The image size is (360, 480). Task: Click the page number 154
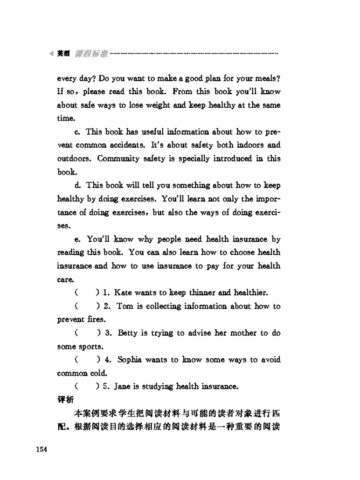(42, 449)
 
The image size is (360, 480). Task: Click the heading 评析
(65, 400)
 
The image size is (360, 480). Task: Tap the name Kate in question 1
(123, 293)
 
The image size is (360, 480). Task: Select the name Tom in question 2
(125, 306)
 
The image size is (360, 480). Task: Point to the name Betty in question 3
(127, 333)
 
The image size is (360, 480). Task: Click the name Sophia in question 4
(130, 359)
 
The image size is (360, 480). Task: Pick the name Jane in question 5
(123, 386)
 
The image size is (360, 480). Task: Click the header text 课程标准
(91, 54)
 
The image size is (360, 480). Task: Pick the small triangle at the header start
(51, 54)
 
